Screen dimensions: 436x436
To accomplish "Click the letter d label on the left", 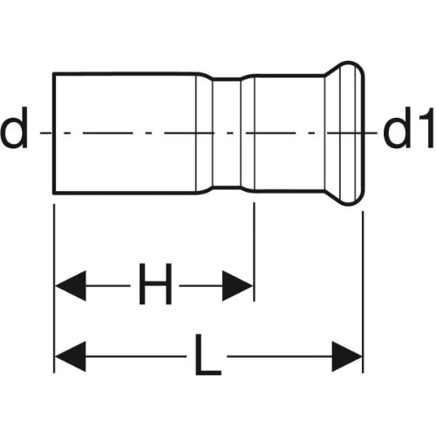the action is click(14, 127).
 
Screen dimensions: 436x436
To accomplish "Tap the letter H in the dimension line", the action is click(155, 283).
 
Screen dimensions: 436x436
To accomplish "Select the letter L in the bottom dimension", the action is click(208, 354).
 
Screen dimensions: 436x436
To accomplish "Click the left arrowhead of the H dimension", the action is click(71, 286).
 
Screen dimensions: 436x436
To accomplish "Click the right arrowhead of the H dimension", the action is click(237, 286).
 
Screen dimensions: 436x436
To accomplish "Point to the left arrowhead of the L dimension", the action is click(71, 357).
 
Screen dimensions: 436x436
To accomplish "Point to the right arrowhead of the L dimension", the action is click(347, 357).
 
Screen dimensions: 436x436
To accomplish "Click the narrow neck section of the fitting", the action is click(227, 133).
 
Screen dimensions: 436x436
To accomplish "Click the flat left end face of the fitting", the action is click(54, 133).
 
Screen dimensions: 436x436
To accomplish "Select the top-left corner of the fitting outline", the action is click(53, 73).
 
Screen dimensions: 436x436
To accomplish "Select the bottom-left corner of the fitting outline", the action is click(53, 193).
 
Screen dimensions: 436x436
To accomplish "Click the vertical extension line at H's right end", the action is click(254, 252).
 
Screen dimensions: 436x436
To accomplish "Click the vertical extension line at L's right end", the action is click(363, 292).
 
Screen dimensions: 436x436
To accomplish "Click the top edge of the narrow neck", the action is click(227, 78).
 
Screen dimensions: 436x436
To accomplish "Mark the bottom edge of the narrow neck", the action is click(227, 187).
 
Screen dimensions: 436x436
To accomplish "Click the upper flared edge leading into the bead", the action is click(332, 70).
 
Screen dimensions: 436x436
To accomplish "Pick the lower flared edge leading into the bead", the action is click(332, 197).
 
